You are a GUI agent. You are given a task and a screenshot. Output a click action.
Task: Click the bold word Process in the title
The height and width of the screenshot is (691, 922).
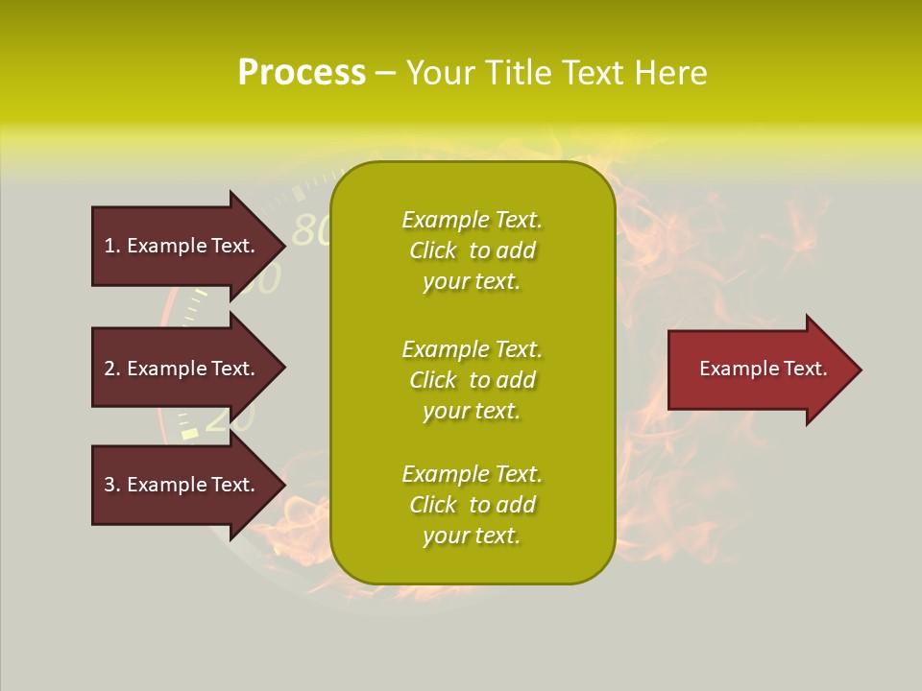pos(302,73)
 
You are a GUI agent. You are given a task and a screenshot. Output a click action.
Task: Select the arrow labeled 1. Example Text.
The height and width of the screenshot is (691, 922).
pos(180,246)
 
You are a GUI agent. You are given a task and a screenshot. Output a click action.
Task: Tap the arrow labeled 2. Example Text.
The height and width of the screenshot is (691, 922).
pos(180,369)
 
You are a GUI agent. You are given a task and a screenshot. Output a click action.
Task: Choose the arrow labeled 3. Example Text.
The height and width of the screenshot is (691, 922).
pos(180,485)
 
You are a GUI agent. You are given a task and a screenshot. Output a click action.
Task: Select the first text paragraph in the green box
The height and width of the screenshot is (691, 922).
pos(472,250)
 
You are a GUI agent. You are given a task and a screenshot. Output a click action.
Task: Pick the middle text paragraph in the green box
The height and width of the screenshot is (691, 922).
pos(472,380)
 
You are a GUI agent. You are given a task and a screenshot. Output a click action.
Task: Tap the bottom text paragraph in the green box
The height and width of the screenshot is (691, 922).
pos(472,505)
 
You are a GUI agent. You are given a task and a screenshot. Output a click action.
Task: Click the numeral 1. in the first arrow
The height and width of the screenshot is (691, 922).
pos(111,246)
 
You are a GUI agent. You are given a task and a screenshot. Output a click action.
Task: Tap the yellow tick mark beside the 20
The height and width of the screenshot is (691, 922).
pos(190,434)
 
